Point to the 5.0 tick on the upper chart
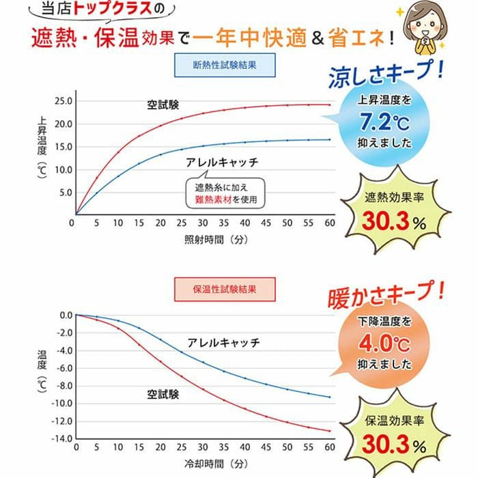coord(66,193)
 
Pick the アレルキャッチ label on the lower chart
coord(223,342)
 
